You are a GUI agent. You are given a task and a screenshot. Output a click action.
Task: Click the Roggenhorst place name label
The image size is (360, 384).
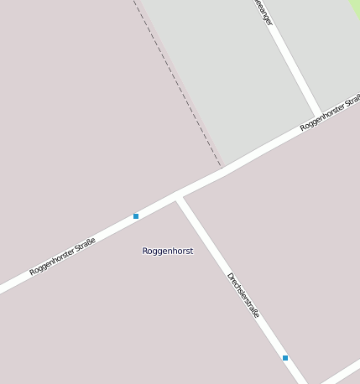click(167, 251)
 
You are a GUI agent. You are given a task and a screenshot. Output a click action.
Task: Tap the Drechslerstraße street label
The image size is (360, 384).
click(243, 296)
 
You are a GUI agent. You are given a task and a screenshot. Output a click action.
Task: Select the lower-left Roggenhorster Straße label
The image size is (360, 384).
click(62, 257)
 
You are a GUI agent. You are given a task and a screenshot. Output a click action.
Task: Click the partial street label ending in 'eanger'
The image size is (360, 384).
click(263, 13)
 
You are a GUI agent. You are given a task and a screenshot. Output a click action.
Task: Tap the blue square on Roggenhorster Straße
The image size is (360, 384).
click(136, 216)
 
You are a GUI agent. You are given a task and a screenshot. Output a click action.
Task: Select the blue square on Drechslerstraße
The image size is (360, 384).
click(285, 358)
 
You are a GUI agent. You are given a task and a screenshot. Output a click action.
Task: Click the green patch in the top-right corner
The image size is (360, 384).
click(354, 7)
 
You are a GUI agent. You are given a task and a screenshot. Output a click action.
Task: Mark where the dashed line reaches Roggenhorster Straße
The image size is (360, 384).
click(222, 167)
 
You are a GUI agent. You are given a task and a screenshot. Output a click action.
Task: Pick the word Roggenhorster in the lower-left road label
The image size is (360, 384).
click(48, 263)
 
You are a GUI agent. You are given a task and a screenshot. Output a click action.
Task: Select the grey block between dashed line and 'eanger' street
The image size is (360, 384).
click(227, 75)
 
